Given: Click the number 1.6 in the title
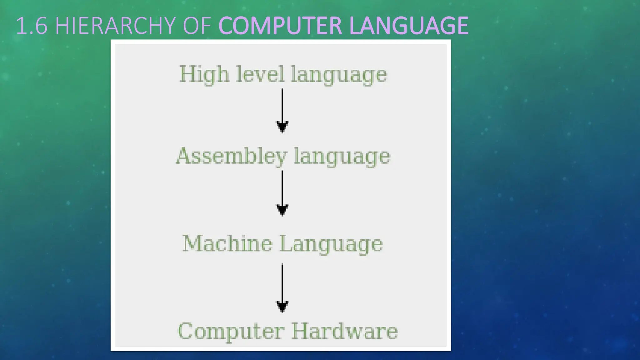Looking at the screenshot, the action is click(x=32, y=26).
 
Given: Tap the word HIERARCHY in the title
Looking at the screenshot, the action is click(x=115, y=26).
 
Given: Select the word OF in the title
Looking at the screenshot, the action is click(x=197, y=26).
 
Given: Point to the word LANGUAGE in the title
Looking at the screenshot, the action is click(x=409, y=26).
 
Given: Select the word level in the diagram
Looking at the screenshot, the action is click(x=260, y=74).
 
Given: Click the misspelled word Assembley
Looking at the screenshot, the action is click(x=231, y=156).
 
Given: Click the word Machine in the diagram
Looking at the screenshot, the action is click(x=227, y=243).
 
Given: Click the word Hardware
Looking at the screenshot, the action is click(x=344, y=331).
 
